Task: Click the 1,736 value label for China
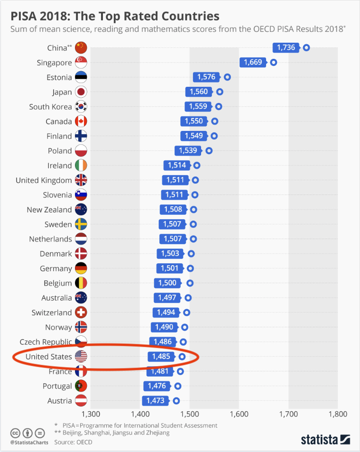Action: point(286,47)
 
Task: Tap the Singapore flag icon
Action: point(81,63)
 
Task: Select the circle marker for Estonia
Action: point(227,77)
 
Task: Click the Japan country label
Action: point(62,92)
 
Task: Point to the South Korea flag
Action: point(81,107)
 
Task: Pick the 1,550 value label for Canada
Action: point(194,121)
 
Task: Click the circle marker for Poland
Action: point(209,151)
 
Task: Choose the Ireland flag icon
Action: point(81,166)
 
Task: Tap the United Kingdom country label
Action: point(44,180)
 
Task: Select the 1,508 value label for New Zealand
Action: point(174,210)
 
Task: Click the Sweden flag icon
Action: point(81,224)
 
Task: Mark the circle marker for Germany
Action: point(190,268)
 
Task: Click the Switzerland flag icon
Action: point(81,313)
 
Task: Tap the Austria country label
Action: point(60,401)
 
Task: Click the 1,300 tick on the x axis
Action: point(91,414)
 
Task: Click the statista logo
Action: point(325,439)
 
